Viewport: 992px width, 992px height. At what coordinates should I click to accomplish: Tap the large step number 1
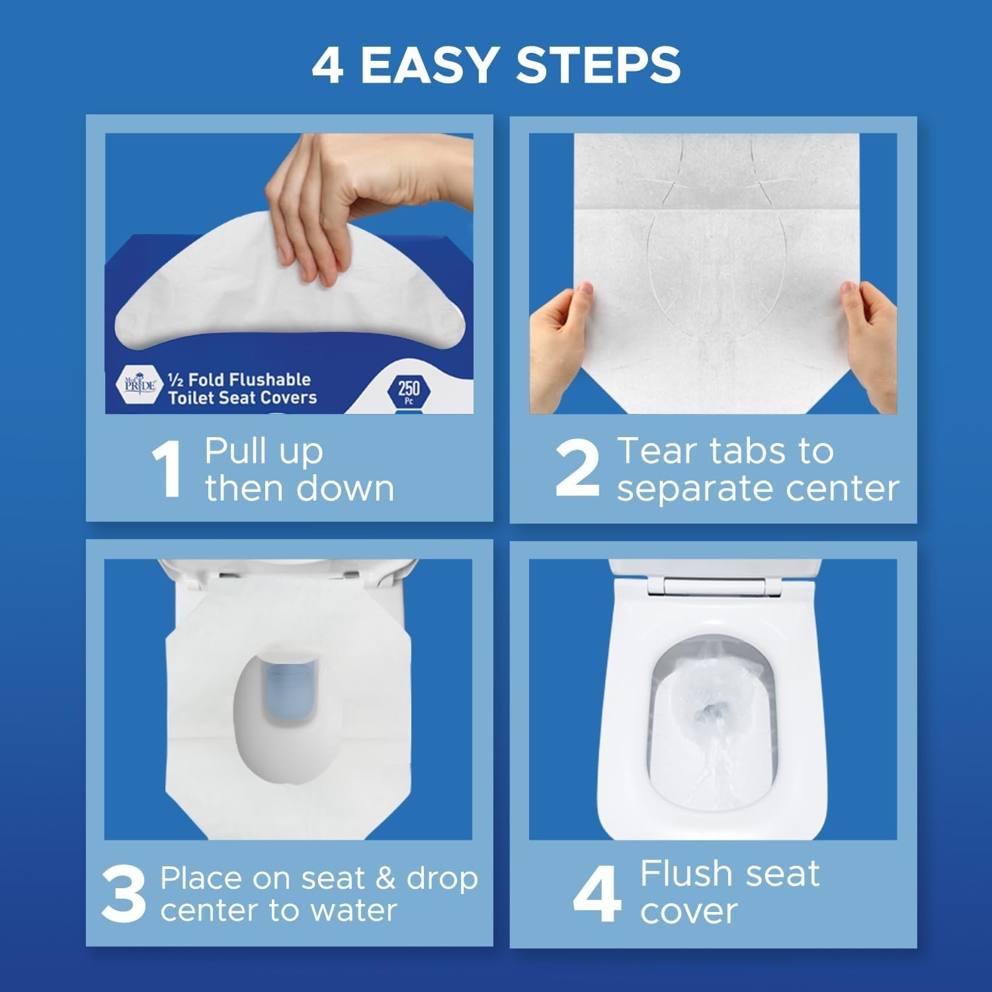pos(167,470)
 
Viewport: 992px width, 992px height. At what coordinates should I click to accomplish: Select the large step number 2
pos(577,469)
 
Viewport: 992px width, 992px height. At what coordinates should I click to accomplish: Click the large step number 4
pos(597,893)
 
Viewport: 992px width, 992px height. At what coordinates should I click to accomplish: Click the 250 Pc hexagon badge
pos(408,390)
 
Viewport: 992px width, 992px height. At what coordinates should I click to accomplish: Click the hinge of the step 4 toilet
pos(714,585)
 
